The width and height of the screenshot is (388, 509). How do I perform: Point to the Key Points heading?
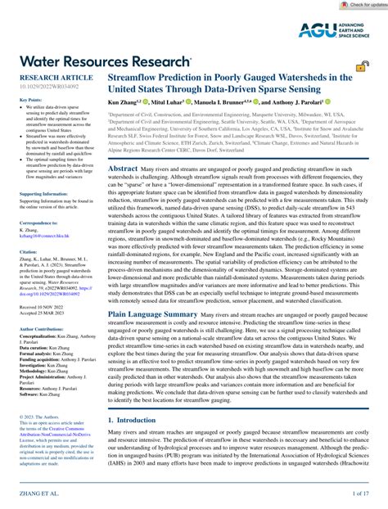click(30, 100)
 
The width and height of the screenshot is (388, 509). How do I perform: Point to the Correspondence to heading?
click(38, 222)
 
